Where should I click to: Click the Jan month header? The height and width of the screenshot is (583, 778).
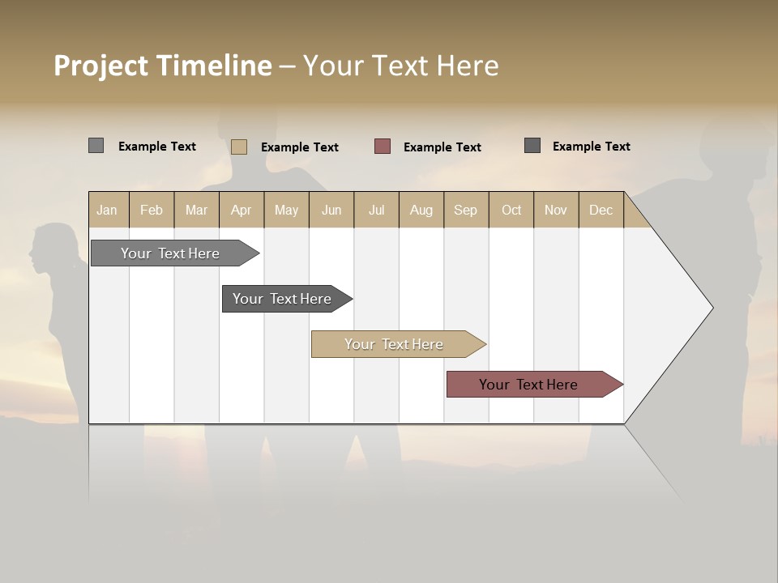pyautogui.click(x=108, y=210)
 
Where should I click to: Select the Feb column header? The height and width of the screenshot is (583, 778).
pyautogui.click(x=152, y=210)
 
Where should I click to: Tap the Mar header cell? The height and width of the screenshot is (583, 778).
pyautogui.click(x=196, y=210)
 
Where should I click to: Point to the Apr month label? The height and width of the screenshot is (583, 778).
pyautogui.click(x=242, y=210)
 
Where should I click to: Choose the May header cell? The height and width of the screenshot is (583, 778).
pyautogui.click(x=286, y=210)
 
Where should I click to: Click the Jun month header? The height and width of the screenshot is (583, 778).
pyautogui.click(x=331, y=210)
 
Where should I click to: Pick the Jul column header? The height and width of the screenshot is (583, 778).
pyautogui.click(x=376, y=210)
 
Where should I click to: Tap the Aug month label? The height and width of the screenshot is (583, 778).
pyautogui.click(x=421, y=210)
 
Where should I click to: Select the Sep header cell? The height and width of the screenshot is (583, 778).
pyautogui.click(x=466, y=210)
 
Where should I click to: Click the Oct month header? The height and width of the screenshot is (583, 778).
pyautogui.click(x=511, y=210)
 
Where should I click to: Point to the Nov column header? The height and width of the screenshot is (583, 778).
pyautogui.click(x=556, y=210)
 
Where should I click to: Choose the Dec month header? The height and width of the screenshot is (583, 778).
pyautogui.click(x=601, y=210)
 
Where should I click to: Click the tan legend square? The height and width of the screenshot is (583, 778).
pyautogui.click(x=239, y=147)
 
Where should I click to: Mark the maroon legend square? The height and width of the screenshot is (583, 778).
pyautogui.click(x=383, y=147)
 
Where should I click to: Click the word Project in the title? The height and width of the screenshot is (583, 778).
pyautogui.click(x=102, y=66)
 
